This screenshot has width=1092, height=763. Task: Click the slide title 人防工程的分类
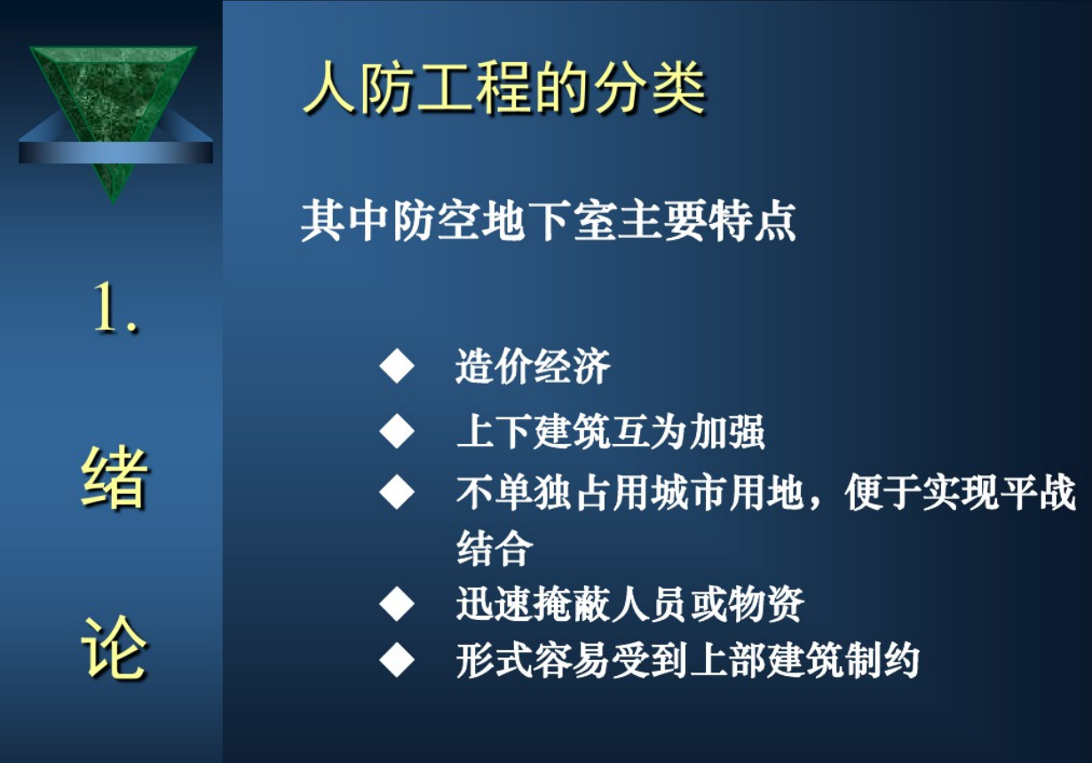[504, 88]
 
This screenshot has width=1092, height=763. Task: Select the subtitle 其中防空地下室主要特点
[549, 221]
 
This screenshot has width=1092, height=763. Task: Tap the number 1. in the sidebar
[115, 307]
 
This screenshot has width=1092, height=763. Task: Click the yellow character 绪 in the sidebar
[115, 478]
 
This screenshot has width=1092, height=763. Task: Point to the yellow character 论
[115, 647]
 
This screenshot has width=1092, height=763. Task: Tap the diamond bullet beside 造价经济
[397, 365]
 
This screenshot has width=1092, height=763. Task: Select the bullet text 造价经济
[533, 366]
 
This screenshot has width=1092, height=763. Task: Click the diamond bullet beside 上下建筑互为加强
[397, 432]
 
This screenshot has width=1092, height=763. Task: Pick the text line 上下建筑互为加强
[611, 432]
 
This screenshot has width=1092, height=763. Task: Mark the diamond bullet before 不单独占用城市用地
[397, 492]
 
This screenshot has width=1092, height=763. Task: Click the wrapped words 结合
[495, 548]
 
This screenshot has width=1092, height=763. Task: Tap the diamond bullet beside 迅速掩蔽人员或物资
[397, 604]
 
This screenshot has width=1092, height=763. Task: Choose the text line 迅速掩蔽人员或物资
[629, 604]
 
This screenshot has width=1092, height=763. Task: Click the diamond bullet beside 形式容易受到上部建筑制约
[397, 660]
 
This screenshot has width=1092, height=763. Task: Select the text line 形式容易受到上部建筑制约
[688, 661]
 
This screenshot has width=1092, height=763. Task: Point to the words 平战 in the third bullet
[1039, 492]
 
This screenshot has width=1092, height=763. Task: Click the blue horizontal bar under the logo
[115, 152]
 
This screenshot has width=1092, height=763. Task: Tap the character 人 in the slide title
[329, 88]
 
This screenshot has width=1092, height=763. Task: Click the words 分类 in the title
[649, 88]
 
